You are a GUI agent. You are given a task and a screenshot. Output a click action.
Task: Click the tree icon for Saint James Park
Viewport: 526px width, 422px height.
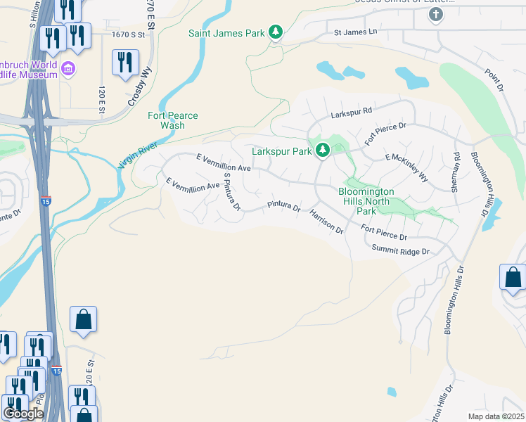[276, 33]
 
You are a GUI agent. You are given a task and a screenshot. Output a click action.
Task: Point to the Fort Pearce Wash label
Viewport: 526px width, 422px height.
[173, 120]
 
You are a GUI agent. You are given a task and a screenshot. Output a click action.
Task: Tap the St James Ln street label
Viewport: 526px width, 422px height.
[355, 32]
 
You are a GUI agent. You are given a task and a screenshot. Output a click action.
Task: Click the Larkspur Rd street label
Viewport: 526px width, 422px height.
[352, 110]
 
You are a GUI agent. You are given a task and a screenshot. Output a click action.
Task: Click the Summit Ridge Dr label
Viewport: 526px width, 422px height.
[400, 250]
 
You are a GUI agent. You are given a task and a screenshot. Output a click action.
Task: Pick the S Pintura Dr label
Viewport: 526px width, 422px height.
[231, 191]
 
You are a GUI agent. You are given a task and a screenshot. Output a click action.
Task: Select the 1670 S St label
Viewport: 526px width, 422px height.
[128, 34]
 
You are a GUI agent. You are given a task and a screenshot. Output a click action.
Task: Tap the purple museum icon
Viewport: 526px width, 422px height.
[69, 69]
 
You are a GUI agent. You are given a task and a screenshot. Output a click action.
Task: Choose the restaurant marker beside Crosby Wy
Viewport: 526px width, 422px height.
[125, 63]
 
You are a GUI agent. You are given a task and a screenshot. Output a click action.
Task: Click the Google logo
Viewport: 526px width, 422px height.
[23, 414]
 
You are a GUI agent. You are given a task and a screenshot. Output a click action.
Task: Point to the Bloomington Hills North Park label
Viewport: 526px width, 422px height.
[366, 201]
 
